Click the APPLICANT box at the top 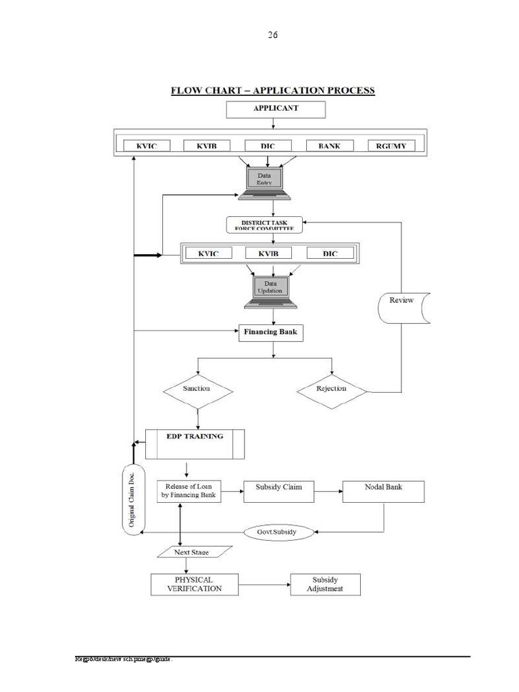coord(275,109)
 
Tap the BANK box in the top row coord(329,146)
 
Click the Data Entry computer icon coord(264,181)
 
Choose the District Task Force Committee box coord(264,225)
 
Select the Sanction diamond coord(197,390)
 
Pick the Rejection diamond coord(331,390)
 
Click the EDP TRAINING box coord(195,443)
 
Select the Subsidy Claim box coord(278,491)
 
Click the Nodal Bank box coord(383,491)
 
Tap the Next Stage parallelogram coord(192,553)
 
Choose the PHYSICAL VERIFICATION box coord(195,585)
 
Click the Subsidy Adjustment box coord(325,585)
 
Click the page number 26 coord(272,35)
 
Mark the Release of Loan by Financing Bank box coord(189,491)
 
